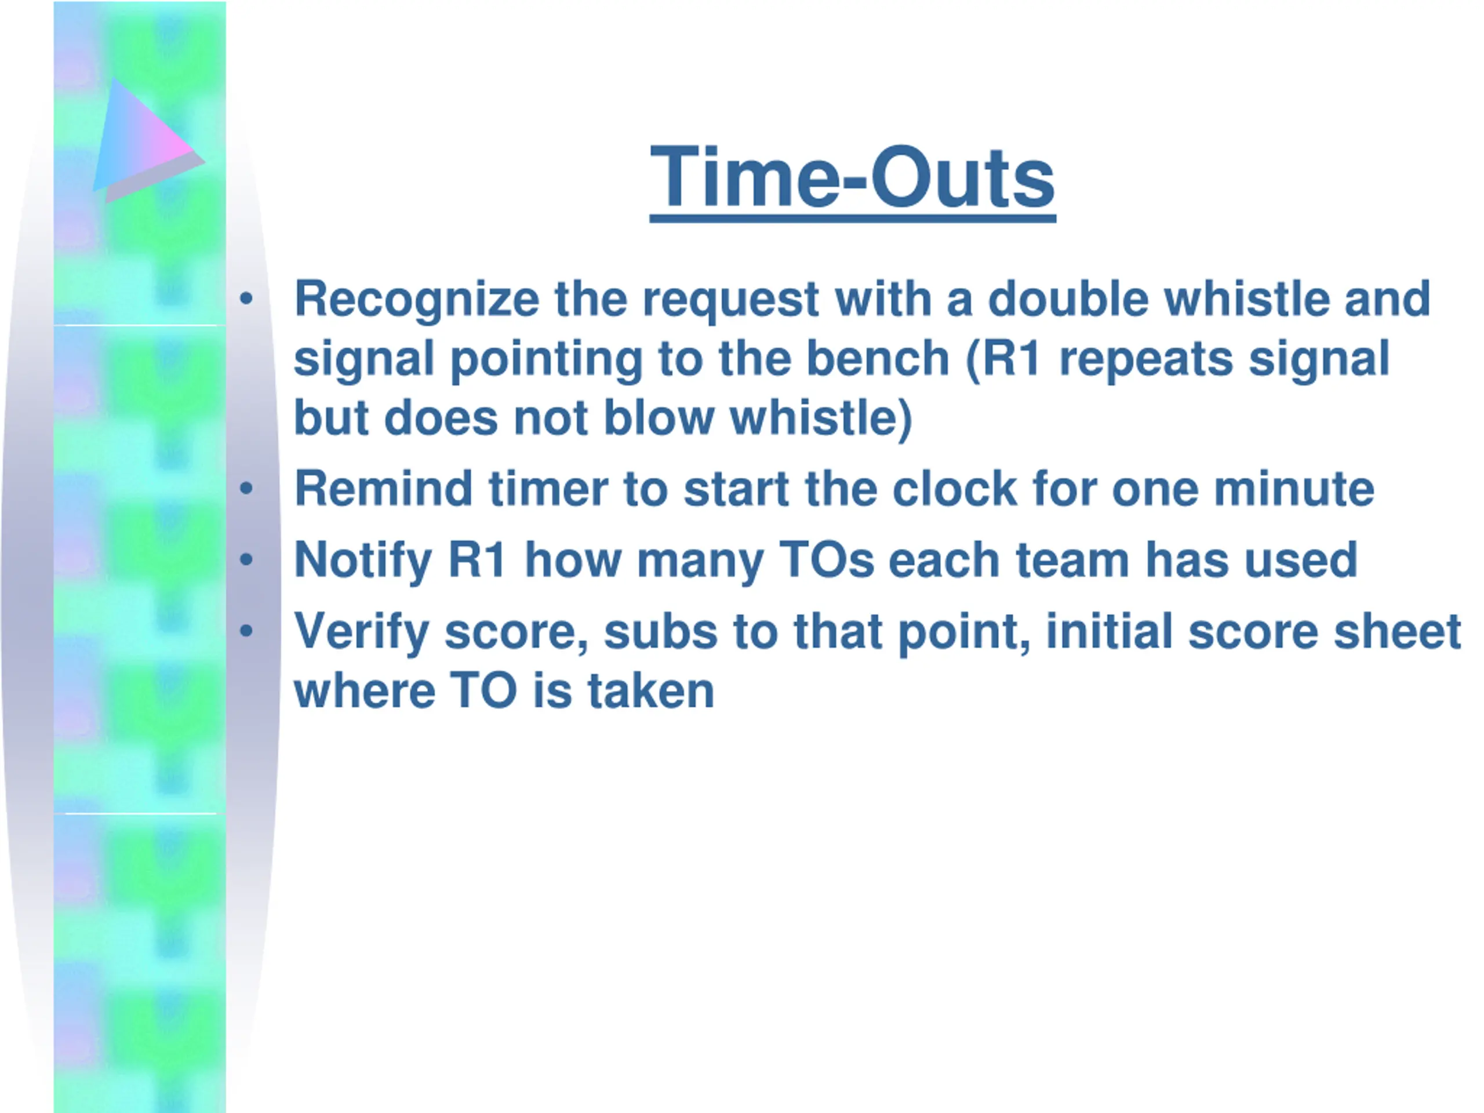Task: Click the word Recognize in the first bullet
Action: pos(417,300)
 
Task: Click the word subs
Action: pos(660,632)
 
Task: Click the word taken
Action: pos(651,691)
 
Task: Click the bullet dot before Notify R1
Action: pos(246,559)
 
